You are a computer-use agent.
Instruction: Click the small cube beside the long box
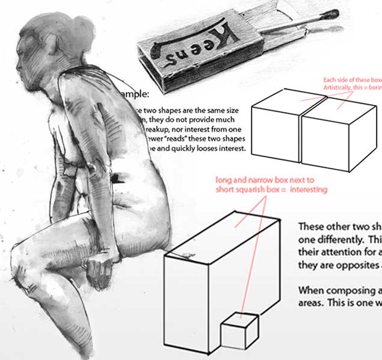tap(239, 332)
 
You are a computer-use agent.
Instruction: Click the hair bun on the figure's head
tap(82, 28)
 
